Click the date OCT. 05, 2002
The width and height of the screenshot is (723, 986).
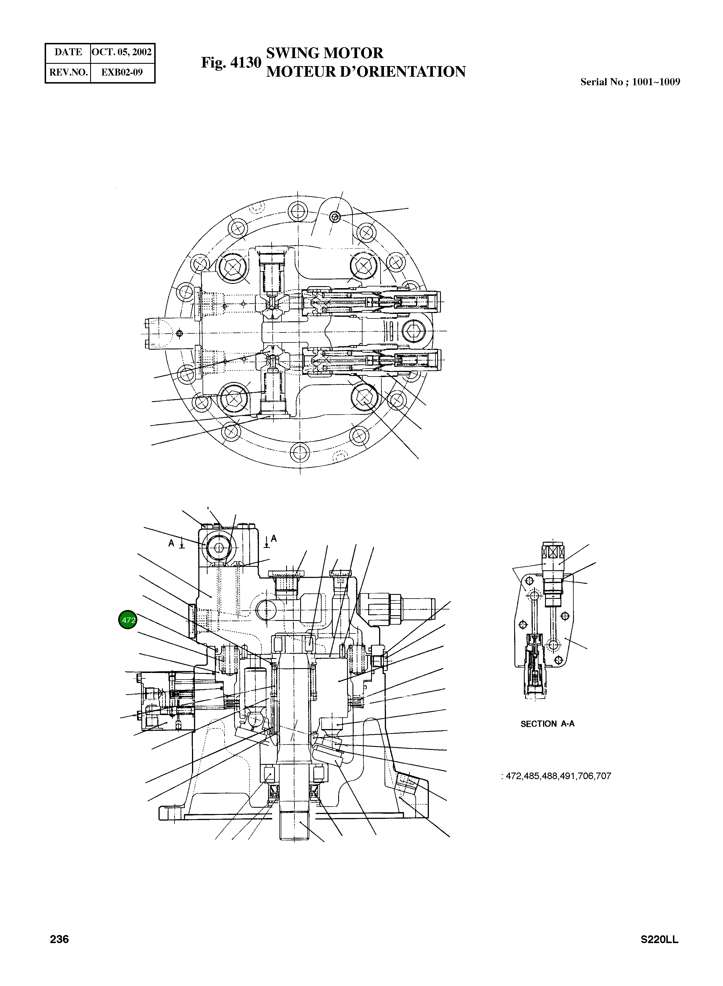pyautogui.click(x=122, y=52)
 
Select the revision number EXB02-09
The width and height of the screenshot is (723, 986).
pyautogui.click(x=122, y=72)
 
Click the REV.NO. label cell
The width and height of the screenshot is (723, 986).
pyautogui.click(x=68, y=72)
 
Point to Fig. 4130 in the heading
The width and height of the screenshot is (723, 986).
pyautogui.click(x=231, y=63)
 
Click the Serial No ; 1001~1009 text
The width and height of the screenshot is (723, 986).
pyautogui.click(x=630, y=82)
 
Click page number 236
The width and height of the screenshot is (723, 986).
pyautogui.click(x=60, y=939)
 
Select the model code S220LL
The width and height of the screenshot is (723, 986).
pyautogui.click(x=659, y=939)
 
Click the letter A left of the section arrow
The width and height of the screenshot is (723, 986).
pyautogui.click(x=172, y=543)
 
